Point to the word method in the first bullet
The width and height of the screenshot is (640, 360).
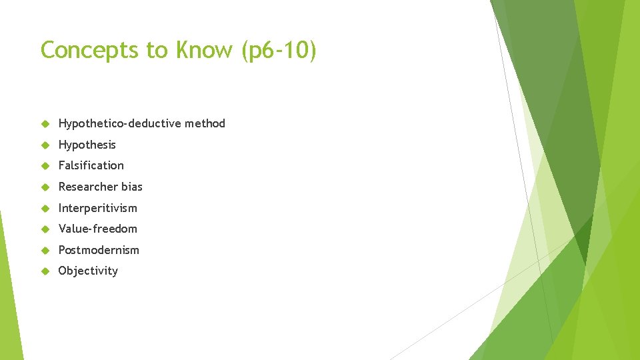click(x=205, y=123)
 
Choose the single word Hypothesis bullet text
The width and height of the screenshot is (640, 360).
click(x=87, y=145)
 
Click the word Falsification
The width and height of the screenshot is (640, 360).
click(x=91, y=165)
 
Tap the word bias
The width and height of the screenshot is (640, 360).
click(x=132, y=187)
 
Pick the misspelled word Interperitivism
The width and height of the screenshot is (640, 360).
click(x=97, y=208)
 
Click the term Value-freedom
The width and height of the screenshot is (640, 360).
click(x=97, y=229)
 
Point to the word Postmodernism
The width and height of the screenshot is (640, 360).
click(x=99, y=250)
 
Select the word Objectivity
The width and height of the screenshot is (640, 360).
click(x=88, y=271)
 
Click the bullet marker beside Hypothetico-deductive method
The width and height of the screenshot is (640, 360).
click(x=45, y=124)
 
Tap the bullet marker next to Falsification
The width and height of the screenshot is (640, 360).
click(x=45, y=166)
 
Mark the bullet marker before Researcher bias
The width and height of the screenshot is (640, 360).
click(x=45, y=187)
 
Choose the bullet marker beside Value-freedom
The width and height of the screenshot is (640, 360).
click(x=45, y=229)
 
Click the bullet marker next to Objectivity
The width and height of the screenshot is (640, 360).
click(x=45, y=271)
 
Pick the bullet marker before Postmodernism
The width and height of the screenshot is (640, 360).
click(x=45, y=251)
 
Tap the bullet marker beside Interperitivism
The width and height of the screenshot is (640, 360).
click(x=45, y=209)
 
